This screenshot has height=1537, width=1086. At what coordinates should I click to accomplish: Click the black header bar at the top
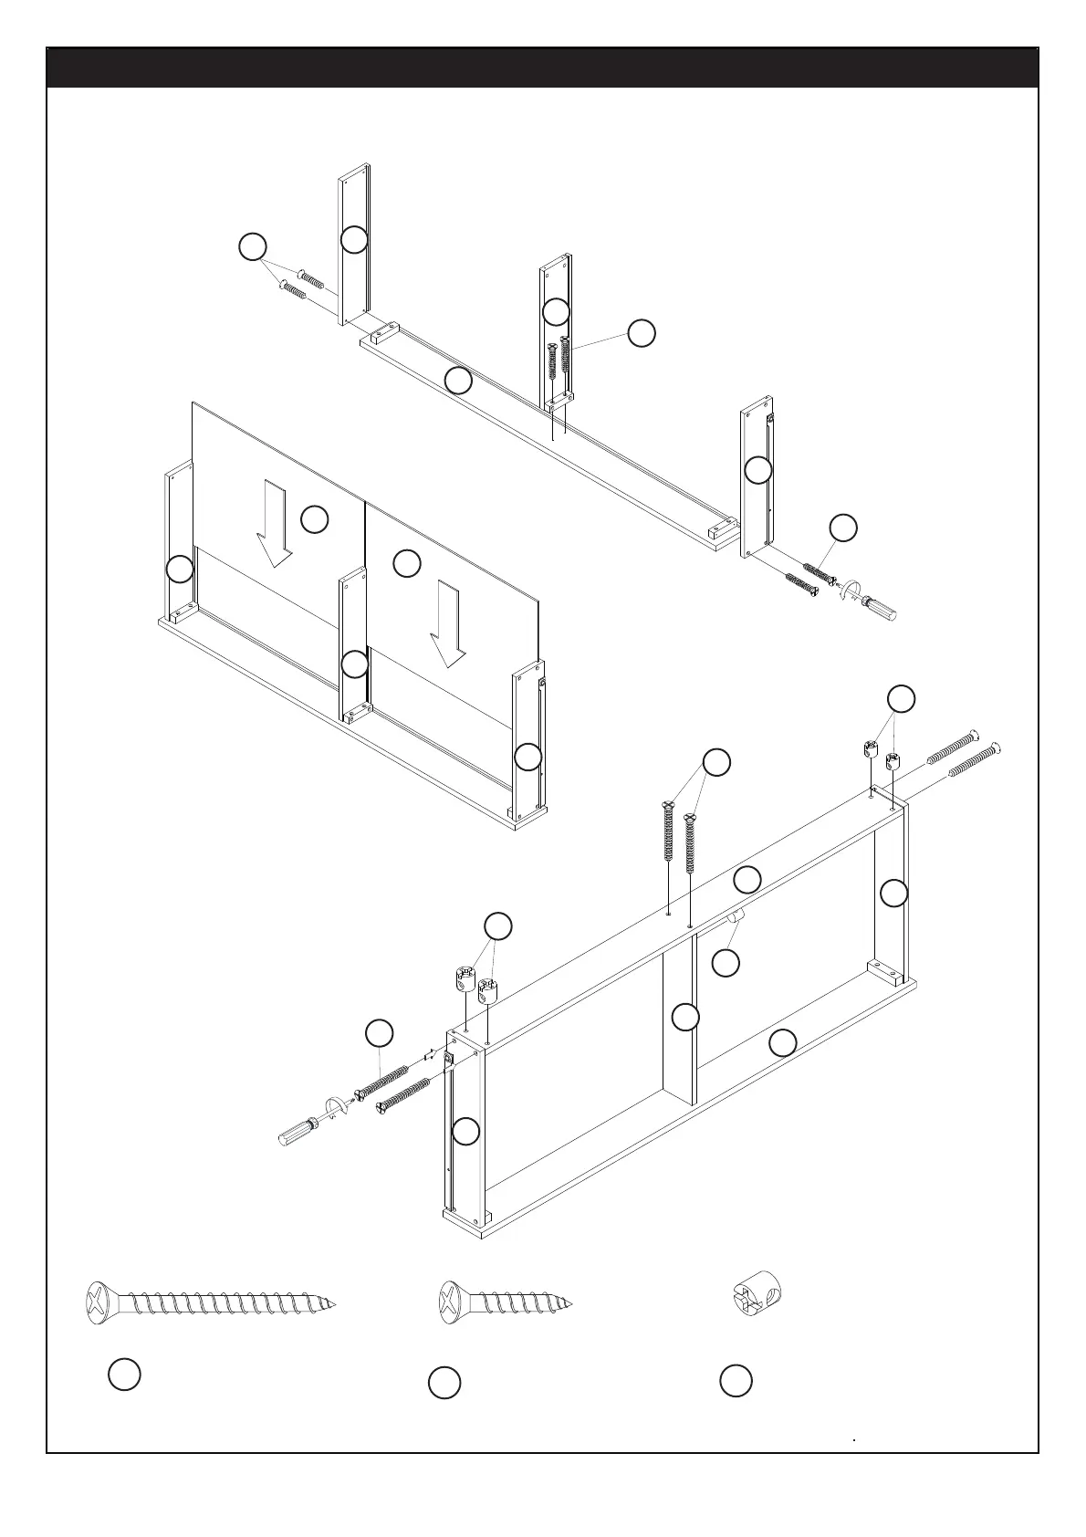pyautogui.click(x=542, y=68)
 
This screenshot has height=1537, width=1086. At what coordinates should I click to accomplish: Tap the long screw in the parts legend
pyautogui.click(x=210, y=1302)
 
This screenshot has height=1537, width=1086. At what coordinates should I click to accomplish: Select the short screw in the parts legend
pyautogui.click(x=506, y=1302)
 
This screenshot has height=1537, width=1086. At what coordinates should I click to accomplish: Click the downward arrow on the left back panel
pyautogui.click(x=274, y=524)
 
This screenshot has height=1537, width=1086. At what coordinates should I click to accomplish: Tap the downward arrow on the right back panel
pyautogui.click(x=448, y=624)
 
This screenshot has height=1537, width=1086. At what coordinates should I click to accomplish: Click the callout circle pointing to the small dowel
pyautogui.click(x=726, y=963)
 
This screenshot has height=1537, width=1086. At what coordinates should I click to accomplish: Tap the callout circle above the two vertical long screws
pyautogui.click(x=716, y=762)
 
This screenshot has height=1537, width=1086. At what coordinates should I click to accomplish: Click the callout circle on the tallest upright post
pyautogui.click(x=354, y=239)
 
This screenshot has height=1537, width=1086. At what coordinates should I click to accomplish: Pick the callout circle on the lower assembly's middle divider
pyautogui.click(x=684, y=1017)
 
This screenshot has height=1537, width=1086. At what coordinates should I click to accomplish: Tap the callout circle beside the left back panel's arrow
pyautogui.click(x=314, y=519)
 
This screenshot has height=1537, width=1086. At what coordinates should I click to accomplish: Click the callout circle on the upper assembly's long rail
pyautogui.click(x=458, y=380)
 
